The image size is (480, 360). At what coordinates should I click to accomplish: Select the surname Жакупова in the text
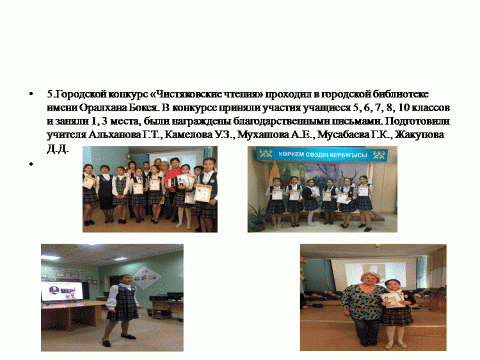click(419, 134)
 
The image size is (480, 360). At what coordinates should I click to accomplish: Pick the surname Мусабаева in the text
click(343, 134)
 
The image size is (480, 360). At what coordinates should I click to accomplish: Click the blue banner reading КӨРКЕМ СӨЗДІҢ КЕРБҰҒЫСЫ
click(323, 154)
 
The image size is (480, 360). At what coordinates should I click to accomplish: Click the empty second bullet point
click(31, 164)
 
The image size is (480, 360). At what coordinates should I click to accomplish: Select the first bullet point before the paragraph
click(31, 94)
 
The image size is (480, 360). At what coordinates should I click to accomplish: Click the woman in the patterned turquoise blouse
click(363, 309)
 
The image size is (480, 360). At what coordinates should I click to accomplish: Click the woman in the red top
click(172, 187)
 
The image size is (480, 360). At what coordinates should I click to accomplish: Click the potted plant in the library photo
click(257, 217)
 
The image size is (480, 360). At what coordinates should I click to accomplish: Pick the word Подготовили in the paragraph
click(417, 121)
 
